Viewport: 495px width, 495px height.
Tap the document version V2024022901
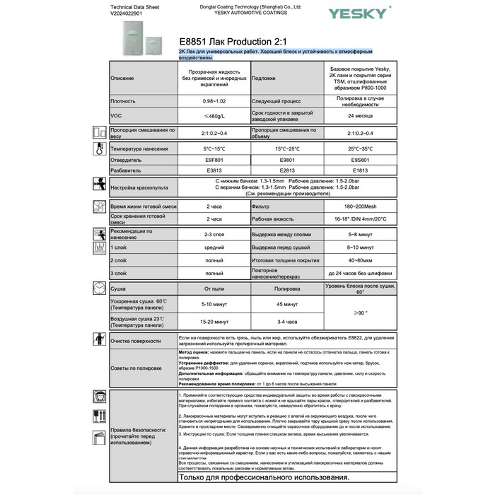point(132,13)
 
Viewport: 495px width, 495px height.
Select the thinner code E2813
point(286,170)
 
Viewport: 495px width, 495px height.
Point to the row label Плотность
point(123,101)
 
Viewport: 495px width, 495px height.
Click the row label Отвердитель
point(127,160)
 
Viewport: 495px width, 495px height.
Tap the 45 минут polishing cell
point(286,305)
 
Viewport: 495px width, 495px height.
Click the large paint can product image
point(133,40)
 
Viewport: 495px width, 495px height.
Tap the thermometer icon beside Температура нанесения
point(99,149)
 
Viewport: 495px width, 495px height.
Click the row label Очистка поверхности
point(136,341)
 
